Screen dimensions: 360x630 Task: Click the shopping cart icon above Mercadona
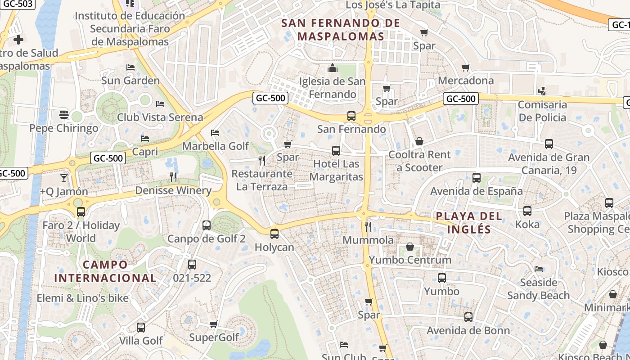(x=466, y=67)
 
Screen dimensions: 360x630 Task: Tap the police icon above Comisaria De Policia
(x=542, y=91)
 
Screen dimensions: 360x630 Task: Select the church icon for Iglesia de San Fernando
(x=333, y=68)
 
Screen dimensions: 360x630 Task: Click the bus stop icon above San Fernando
(x=351, y=116)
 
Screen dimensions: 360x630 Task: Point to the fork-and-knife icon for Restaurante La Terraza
(x=262, y=160)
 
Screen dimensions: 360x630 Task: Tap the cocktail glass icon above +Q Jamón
(x=63, y=178)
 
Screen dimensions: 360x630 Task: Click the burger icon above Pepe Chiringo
(x=63, y=115)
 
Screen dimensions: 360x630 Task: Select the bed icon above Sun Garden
(x=130, y=67)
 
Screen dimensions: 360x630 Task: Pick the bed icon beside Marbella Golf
(x=215, y=133)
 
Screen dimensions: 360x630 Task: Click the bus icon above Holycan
(x=274, y=234)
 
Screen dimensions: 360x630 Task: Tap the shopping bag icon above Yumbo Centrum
(x=410, y=247)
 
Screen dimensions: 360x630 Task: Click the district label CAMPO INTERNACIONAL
(x=105, y=271)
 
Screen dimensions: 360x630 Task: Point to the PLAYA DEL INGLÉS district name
(x=469, y=223)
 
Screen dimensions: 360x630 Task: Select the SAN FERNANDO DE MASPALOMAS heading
(x=341, y=30)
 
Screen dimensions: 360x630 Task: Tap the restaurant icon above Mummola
(x=368, y=227)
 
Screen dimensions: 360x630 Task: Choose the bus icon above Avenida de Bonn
(x=468, y=317)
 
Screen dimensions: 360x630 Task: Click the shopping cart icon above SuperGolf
(x=214, y=324)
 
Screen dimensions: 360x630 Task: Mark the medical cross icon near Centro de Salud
(x=18, y=40)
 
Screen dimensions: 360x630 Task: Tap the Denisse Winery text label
(x=173, y=190)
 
